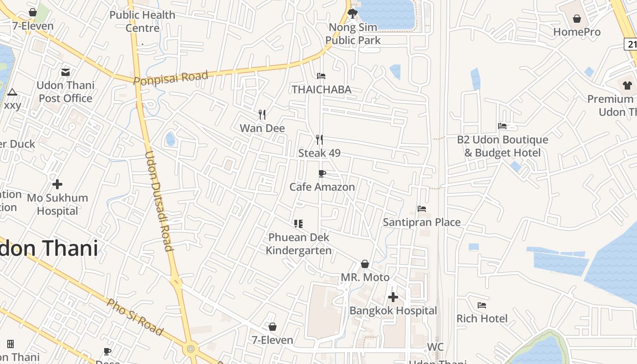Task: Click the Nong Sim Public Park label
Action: tap(353, 34)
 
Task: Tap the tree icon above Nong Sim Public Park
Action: tap(353, 13)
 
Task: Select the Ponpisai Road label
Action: tap(171, 77)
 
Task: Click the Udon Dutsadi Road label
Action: tap(159, 201)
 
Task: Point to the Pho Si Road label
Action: tap(135, 317)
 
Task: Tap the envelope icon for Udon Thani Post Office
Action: tap(66, 72)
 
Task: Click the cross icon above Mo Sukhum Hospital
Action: tap(57, 184)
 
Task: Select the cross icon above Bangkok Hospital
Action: tap(393, 298)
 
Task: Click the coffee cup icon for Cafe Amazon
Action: tap(322, 173)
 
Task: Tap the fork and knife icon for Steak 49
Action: tap(319, 139)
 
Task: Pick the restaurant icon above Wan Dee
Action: tap(262, 114)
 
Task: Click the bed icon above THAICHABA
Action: tap(321, 76)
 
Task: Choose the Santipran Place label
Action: tap(421, 222)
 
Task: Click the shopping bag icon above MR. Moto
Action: tap(365, 264)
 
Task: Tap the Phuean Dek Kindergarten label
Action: tap(298, 244)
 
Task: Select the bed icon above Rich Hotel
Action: tap(482, 305)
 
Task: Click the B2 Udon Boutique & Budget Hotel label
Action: tap(502, 146)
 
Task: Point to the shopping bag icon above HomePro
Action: tap(577, 19)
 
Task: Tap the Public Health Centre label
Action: tap(142, 21)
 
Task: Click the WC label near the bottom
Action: tap(435, 348)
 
